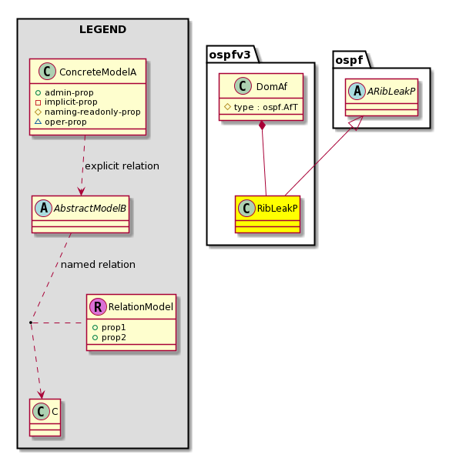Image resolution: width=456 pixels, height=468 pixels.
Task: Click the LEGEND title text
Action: point(102,29)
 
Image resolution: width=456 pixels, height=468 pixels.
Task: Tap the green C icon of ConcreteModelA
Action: point(47,72)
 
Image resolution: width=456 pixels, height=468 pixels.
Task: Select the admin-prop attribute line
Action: point(65,92)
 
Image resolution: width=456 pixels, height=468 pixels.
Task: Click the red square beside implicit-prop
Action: point(38,102)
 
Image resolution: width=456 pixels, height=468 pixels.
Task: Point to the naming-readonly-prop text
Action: point(92,112)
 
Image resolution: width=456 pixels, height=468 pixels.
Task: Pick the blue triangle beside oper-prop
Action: point(38,122)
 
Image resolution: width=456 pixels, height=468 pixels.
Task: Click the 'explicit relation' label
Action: point(122,166)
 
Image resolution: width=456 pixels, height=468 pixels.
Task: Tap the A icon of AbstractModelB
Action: point(44,208)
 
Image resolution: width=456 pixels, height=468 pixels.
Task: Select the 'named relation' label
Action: point(98,265)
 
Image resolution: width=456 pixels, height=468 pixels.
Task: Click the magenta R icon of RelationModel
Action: point(98,306)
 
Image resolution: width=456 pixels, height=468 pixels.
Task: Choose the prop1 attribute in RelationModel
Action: point(109,327)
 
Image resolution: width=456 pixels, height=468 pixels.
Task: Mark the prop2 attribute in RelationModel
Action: point(109,338)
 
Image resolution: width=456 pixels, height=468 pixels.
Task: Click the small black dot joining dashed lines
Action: point(31,323)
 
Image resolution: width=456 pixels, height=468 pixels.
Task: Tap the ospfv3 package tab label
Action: point(230,55)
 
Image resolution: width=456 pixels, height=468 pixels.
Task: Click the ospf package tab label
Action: point(349,60)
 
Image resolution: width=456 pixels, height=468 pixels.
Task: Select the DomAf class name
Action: point(272,86)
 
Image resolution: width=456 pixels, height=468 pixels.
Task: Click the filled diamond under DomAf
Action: point(262,125)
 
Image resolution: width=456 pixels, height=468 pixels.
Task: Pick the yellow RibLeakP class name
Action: point(277,208)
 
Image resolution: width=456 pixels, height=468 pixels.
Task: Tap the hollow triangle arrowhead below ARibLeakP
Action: point(357,122)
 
